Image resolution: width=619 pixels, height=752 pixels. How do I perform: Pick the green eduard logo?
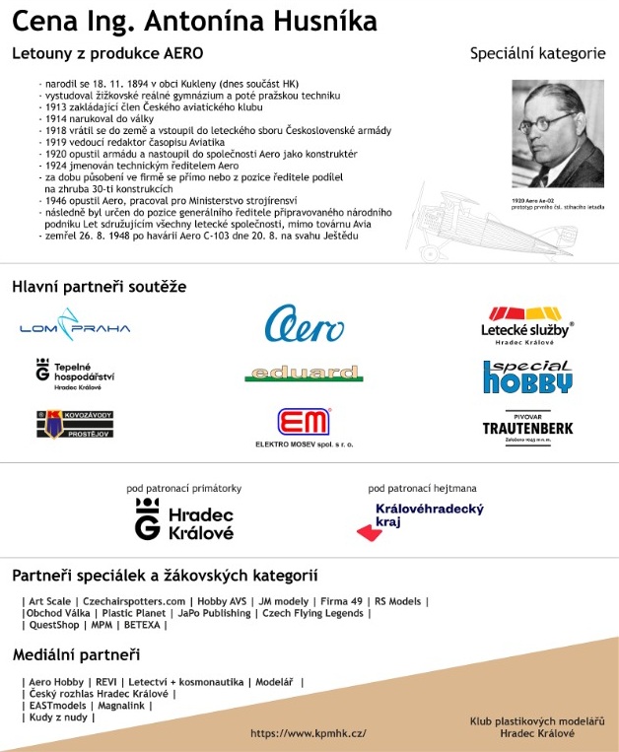[304, 374]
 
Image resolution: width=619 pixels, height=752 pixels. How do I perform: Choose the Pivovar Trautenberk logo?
[527, 424]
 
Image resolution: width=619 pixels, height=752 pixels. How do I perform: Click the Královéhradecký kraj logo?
[414, 521]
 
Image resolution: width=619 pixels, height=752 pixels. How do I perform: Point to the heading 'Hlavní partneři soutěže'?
[99, 287]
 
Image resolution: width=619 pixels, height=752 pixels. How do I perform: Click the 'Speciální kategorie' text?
[537, 52]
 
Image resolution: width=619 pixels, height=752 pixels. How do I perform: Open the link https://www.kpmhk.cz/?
[309, 733]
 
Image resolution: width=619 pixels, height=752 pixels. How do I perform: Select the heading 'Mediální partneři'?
[76, 654]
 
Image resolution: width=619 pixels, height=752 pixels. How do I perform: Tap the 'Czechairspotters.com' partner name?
[134, 600]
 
